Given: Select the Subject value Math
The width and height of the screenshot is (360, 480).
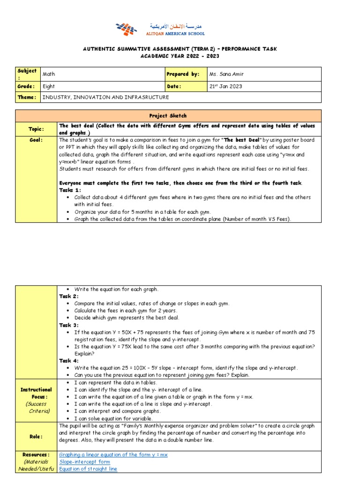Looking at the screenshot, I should point(49,74).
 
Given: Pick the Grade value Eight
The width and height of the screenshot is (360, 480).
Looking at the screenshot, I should point(49,86).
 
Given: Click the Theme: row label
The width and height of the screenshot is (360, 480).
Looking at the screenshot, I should point(27,97).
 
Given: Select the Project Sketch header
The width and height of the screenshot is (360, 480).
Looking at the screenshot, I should point(168,115).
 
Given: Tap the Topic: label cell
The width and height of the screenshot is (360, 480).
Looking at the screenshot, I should point(37,128).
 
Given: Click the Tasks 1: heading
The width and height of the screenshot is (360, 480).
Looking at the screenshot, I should point(70,190).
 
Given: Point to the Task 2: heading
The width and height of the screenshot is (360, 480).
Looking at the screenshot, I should point(69,296).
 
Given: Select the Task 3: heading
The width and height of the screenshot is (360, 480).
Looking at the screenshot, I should point(69,325).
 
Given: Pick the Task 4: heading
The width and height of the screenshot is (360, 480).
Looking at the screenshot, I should point(69,360).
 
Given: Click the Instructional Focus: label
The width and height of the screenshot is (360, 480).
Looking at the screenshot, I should point(36,393).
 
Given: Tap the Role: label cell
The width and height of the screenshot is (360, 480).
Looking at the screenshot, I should point(37,436).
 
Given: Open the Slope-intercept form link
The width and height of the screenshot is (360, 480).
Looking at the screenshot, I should point(84,462).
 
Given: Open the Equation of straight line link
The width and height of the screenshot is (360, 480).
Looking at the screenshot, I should point(88,469).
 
